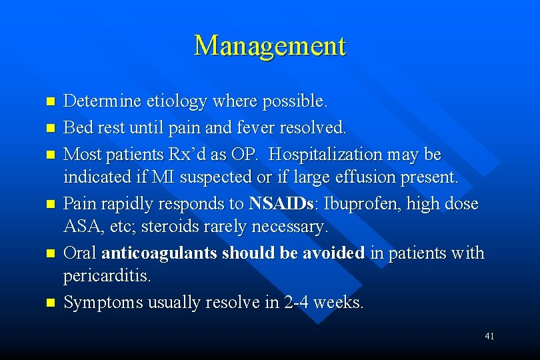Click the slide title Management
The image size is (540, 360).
[x=270, y=46]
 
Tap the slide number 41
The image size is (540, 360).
[x=489, y=337]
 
